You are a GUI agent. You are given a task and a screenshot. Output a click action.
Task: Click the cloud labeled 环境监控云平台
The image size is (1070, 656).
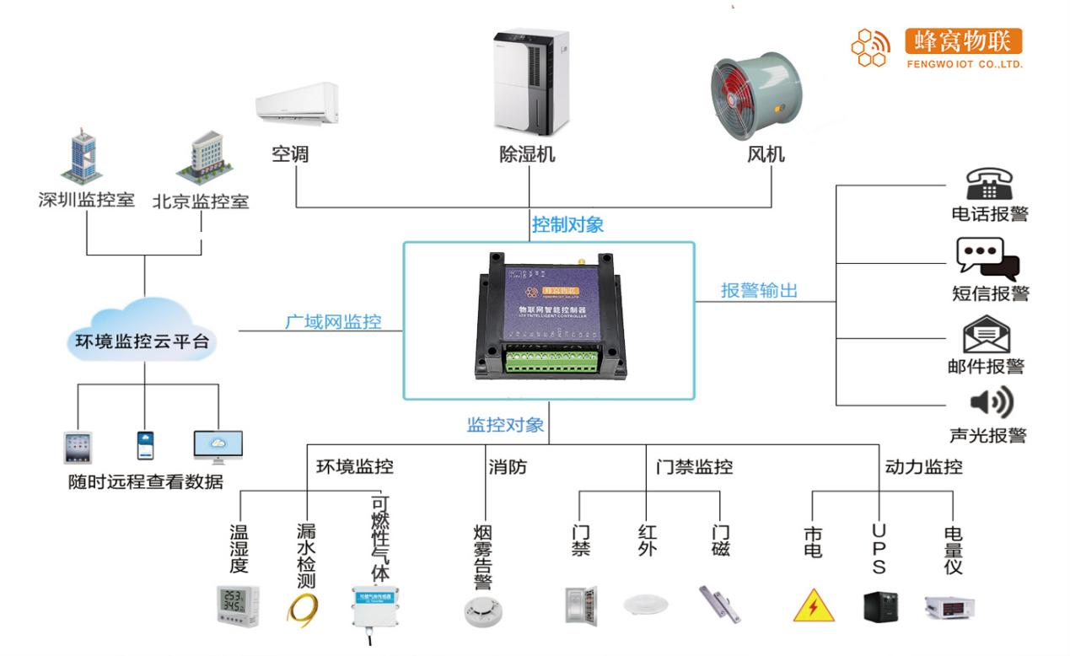pos(144,338)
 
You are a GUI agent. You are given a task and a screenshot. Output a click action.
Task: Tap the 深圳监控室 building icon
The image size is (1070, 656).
pos(85,158)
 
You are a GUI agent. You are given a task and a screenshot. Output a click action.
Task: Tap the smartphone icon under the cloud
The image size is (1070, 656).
pos(146,445)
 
